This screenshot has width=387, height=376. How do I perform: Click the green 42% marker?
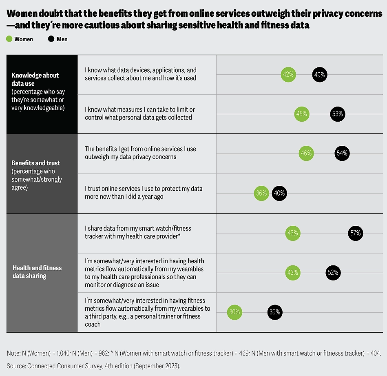tap(288, 75)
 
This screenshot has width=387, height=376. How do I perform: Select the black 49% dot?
tap(319, 75)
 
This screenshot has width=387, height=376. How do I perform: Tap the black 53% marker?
tap(337, 114)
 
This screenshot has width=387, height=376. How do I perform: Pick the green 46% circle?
tap(306, 154)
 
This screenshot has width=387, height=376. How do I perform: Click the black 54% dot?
tap(342, 154)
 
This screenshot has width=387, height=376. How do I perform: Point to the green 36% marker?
tap(261, 193)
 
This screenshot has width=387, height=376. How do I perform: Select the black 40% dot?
tap(279, 193)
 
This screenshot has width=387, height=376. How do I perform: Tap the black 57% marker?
tap(355, 234)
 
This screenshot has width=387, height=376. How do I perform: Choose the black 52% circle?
tap(333, 273)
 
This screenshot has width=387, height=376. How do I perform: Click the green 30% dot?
tap(234, 312)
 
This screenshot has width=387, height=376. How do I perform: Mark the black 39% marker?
tap(274, 312)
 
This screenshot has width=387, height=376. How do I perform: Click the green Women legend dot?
tap(9, 39)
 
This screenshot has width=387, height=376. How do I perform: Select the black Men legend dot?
tap(51, 39)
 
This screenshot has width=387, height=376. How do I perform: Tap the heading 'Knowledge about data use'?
tap(35, 79)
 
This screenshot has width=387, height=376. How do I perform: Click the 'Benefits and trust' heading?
tap(36, 163)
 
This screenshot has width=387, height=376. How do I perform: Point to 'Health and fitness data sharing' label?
tap(37, 271)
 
